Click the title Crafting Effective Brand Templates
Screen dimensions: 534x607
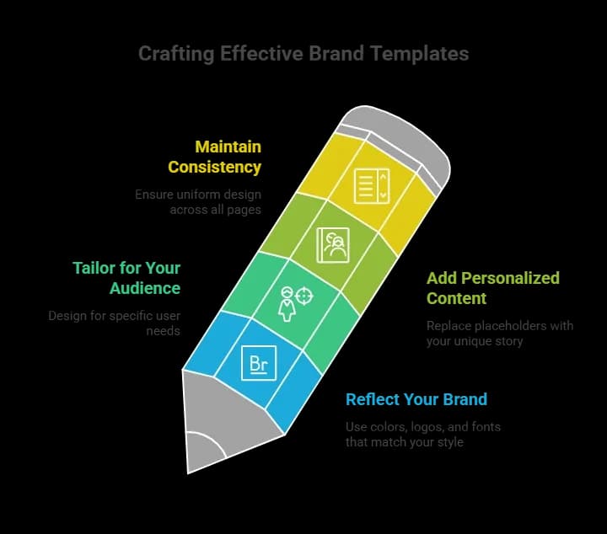coord(303,54)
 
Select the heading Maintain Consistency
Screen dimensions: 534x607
coord(215,157)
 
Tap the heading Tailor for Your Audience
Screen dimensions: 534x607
coord(126,278)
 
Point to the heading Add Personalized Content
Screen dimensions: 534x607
coord(492,288)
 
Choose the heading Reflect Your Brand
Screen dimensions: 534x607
coord(416,399)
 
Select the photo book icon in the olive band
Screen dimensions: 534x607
coord(331,245)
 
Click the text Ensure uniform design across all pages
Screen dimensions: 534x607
coord(198,201)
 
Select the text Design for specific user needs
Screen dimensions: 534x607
coord(114,323)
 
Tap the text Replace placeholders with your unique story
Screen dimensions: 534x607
coord(500,333)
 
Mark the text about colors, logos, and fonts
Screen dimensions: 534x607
coord(422,434)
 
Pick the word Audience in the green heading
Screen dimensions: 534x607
coord(145,288)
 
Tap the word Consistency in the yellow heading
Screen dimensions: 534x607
coord(215,167)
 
